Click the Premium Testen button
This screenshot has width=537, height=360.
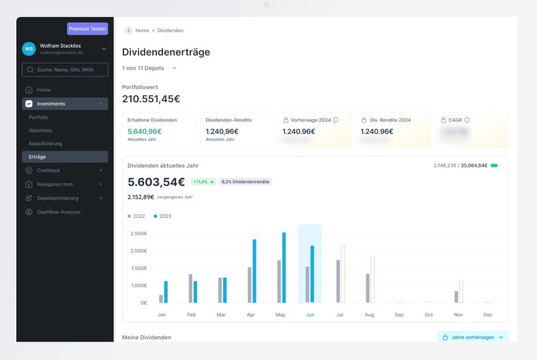coord(87,29)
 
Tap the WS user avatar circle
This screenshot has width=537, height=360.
coord(29,48)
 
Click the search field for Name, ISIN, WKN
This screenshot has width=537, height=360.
coord(65,70)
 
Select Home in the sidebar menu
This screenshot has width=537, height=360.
coord(44,90)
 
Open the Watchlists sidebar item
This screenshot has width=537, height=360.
coord(41,130)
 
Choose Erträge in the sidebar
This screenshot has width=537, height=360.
coord(38,157)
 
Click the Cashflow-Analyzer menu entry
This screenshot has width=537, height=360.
coord(59,211)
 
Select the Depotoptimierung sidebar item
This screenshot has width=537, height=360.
coord(57,198)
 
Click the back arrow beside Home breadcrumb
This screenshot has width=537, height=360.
coord(128,31)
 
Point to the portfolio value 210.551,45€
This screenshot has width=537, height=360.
coord(151,99)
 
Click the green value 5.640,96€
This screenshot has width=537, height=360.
coord(145,132)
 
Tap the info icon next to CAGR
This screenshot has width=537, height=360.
coord(467,120)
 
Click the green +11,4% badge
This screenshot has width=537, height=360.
coord(203,182)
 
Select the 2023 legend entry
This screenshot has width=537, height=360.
coord(162,215)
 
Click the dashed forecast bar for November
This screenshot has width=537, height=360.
coord(461,291)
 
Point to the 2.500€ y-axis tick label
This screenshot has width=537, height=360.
coord(138,233)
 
